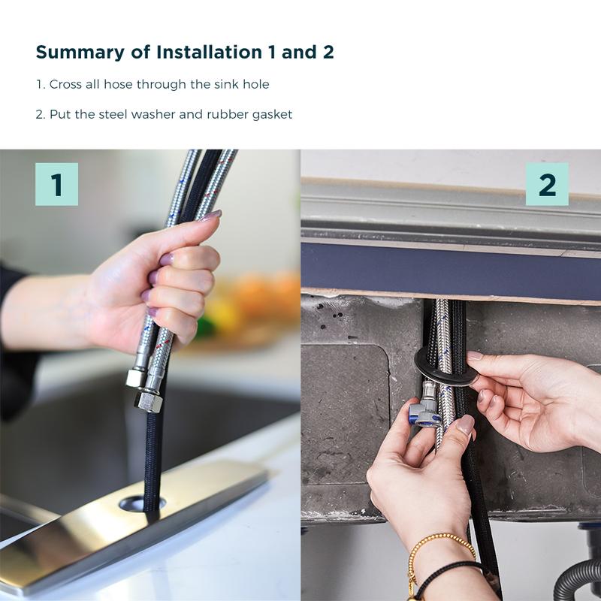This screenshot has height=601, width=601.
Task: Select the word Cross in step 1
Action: click(x=65, y=84)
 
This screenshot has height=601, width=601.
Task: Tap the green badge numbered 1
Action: click(x=56, y=184)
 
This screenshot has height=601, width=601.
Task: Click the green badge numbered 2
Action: click(x=547, y=184)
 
